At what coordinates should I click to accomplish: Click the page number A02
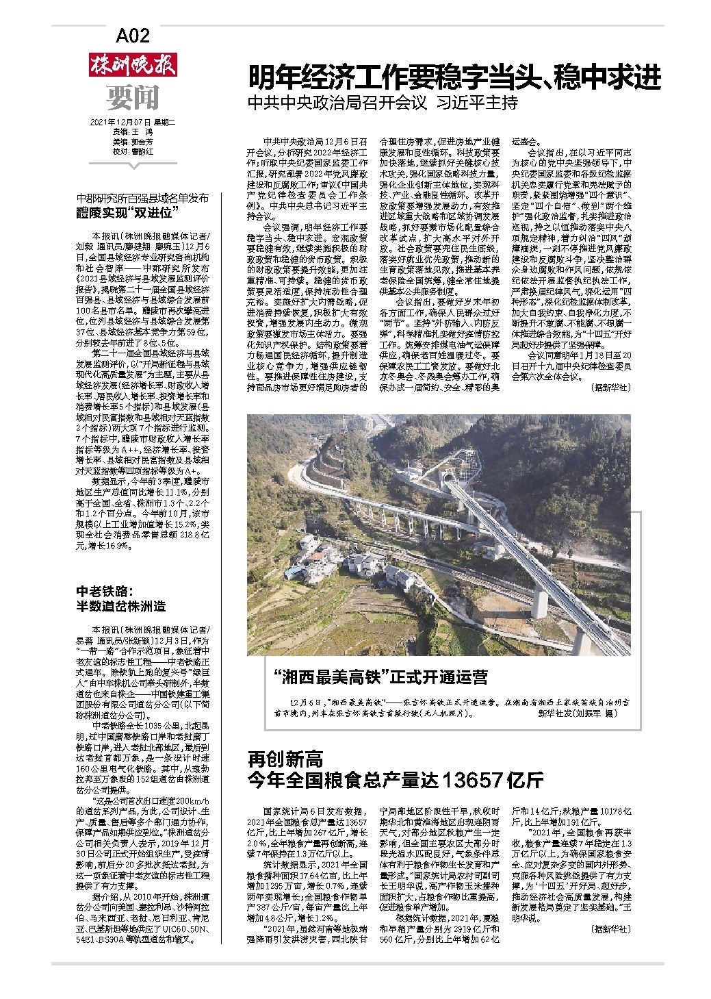[x=133, y=35]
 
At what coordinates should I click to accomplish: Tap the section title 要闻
[x=133, y=98]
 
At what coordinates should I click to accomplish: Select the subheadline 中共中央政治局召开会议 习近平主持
[x=383, y=104]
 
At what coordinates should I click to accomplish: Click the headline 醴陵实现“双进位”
[x=127, y=212]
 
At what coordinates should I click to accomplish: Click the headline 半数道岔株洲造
[x=120, y=606]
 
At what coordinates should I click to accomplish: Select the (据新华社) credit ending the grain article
[x=609, y=929]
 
